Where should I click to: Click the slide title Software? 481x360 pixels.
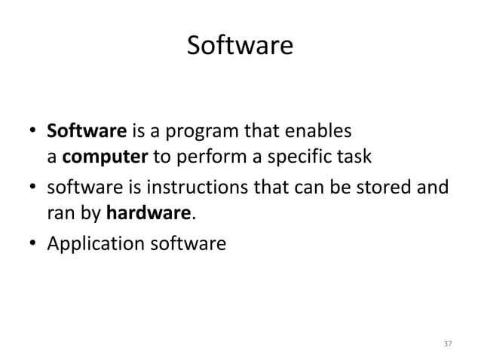(x=240, y=47)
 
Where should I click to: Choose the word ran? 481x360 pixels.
(x=61, y=213)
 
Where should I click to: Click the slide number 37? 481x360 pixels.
(x=447, y=343)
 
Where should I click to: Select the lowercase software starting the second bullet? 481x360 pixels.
(x=79, y=189)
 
